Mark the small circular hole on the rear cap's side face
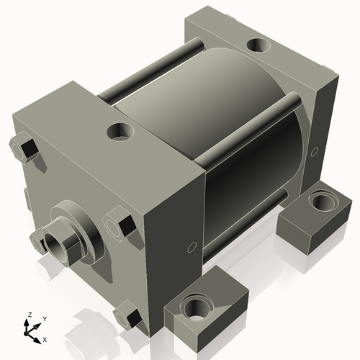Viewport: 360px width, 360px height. coord(315,152)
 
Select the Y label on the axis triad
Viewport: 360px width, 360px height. coord(44,318)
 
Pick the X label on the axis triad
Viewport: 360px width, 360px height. coord(45,338)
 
